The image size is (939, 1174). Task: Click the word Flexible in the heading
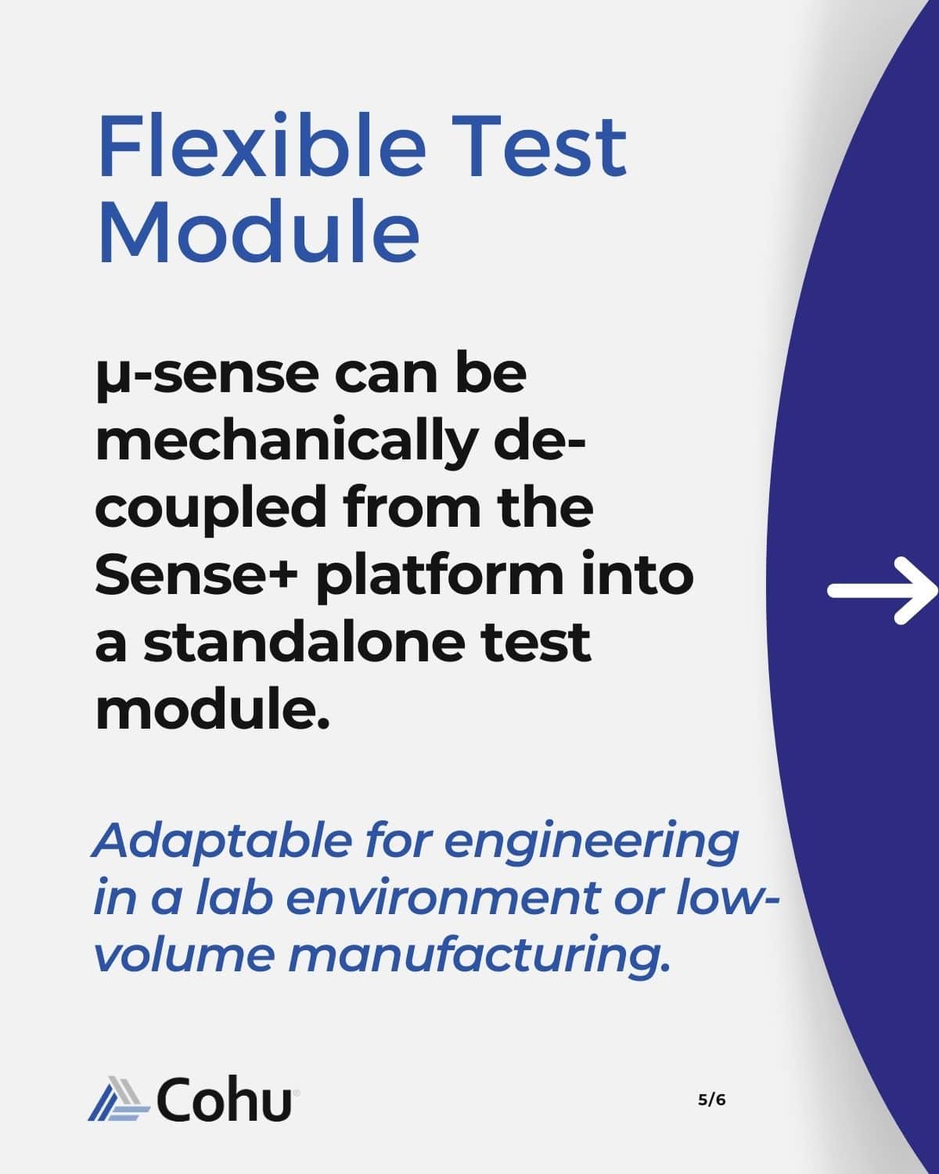pos(261,145)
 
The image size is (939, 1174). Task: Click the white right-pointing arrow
pos(882,591)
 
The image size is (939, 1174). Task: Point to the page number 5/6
pos(711,1100)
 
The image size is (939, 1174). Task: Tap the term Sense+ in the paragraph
pos(196,574)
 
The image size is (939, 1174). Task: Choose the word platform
pos(440,577)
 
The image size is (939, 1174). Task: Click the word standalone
pos(304,643)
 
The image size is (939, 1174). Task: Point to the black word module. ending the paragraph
pos(213,709)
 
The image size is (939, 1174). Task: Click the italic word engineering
pos(592,844)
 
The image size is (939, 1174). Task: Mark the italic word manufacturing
pos(479,957)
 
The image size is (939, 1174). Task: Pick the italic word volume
pos(184,955)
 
